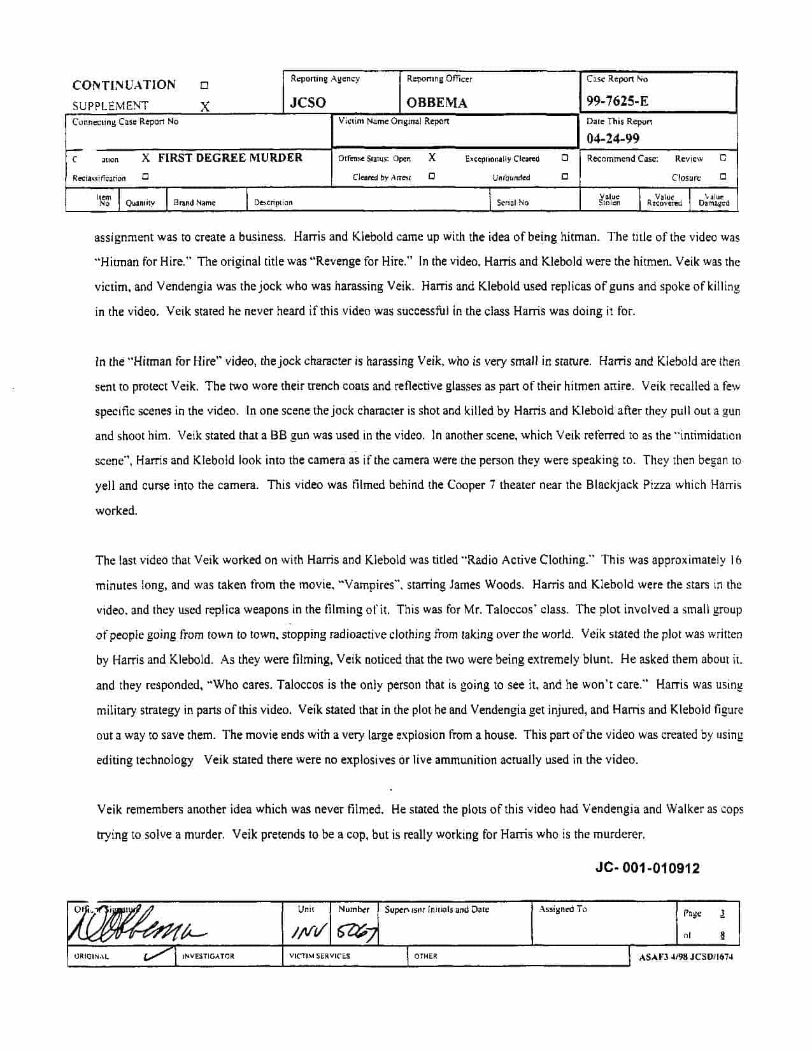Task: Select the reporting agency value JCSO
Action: coord(308,103)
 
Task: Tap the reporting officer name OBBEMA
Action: coord(437,103)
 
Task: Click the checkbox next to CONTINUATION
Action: coord(204,85)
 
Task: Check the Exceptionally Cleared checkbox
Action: coord(565,158)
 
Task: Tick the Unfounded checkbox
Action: coord(565,177)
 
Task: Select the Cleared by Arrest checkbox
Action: coord(432,177)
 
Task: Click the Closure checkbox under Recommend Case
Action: coord(723,177)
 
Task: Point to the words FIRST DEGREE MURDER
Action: coord(230,158)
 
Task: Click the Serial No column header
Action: coord(513,203)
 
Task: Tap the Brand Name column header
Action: coord(194,203)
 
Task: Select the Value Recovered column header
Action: coord(664,201)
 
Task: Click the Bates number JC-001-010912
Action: coord(647,868)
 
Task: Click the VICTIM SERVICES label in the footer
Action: coord(319,956)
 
